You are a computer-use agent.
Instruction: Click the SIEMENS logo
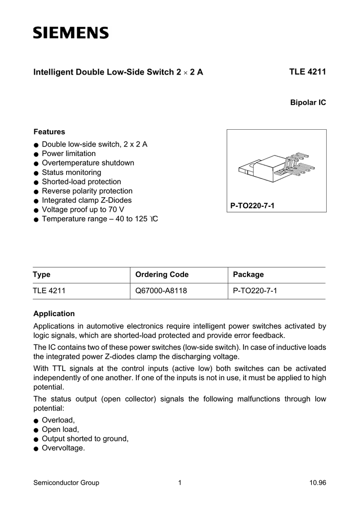point(71,33)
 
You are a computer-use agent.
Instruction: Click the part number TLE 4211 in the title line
point(307,72)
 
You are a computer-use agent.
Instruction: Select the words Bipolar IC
point(308,102)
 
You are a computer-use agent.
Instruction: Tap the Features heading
point(49,132)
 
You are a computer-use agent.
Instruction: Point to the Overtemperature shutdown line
point(88,163)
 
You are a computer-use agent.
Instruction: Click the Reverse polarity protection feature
point(87,191)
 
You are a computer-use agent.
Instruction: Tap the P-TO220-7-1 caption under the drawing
point(252,205)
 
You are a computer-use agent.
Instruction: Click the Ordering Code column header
point(162,275)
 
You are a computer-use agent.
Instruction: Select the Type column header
point(42,275)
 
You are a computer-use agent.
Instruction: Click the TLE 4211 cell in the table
point(49,291)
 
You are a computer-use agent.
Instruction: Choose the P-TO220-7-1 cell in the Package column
point(255,291)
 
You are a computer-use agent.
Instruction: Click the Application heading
point(54,314)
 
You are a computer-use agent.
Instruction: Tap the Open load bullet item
point(60,429)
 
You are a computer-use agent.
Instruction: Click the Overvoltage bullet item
point(63,448)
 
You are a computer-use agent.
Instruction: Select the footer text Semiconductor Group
point(66,483)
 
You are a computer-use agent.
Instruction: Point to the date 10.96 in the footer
point(317,483)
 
